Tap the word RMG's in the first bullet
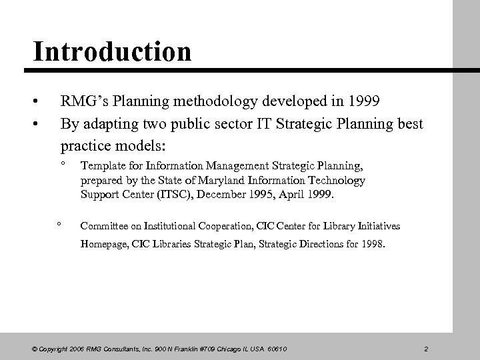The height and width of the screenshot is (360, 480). click(83, 103)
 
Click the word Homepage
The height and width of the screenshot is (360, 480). click(102, 244)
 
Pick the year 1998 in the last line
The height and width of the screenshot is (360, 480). click(372, 244)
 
